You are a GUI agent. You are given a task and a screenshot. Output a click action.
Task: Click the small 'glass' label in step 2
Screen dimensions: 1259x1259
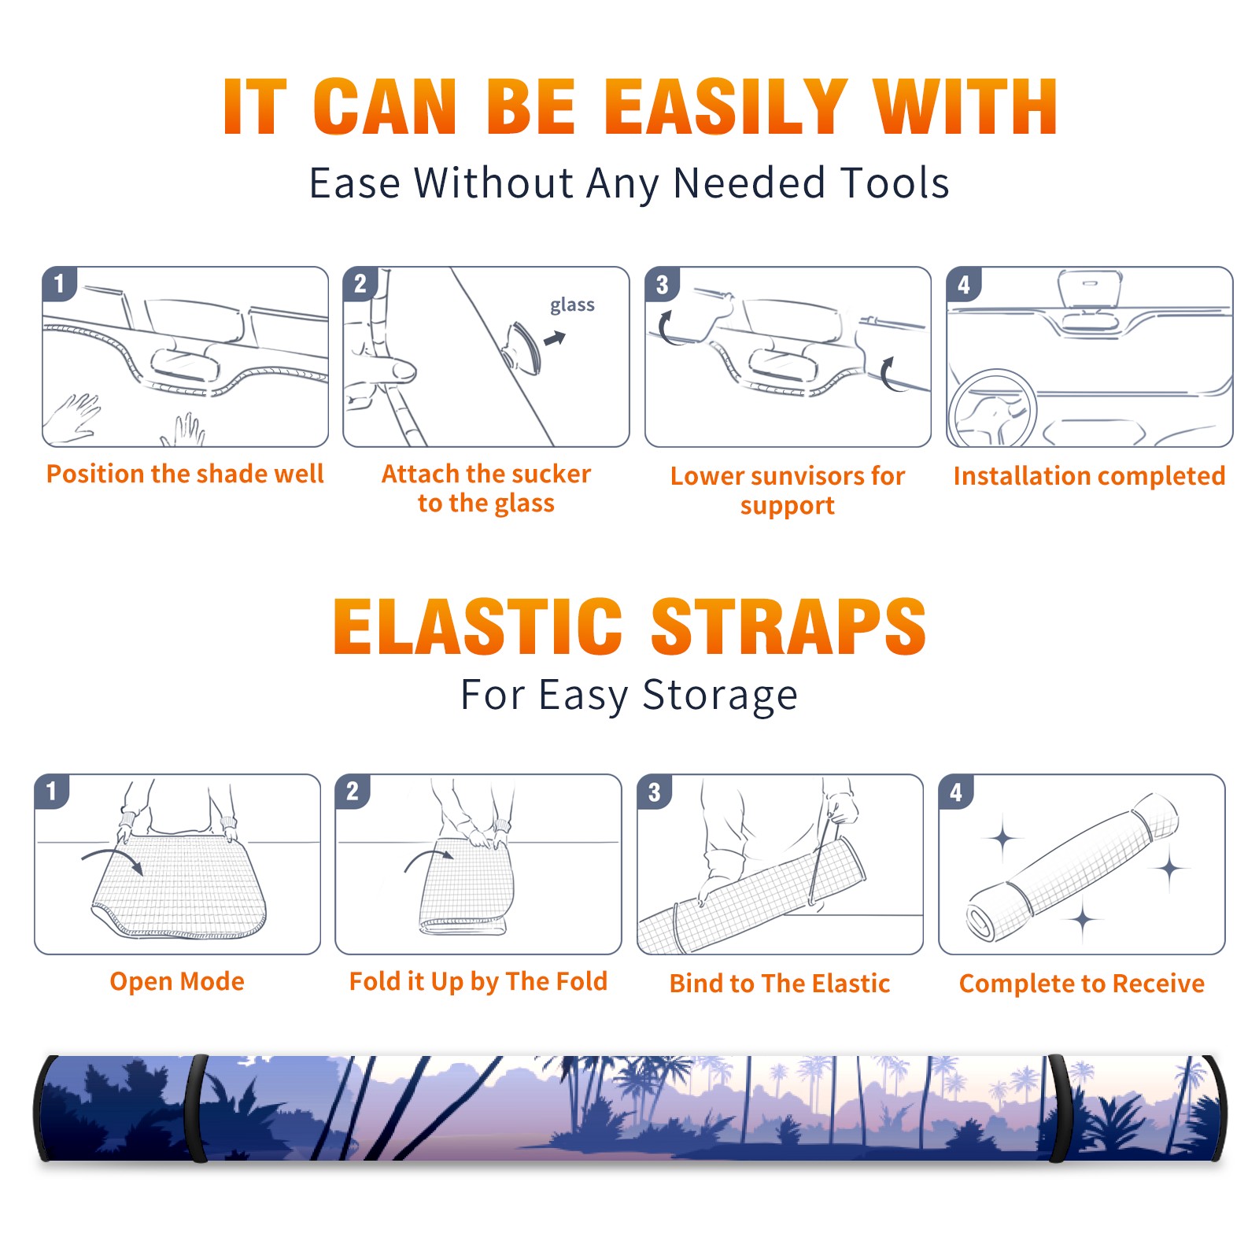572,305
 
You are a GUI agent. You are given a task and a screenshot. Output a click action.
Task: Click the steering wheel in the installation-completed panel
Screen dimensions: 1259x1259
992,408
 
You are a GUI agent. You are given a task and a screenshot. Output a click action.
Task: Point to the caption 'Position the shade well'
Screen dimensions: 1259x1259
185,474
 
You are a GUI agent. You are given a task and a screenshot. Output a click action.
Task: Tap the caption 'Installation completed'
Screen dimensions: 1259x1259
1089,476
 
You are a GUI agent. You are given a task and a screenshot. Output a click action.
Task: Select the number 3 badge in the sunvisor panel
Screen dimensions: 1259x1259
662,284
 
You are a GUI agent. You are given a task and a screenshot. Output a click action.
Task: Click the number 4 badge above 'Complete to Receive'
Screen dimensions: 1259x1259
955,792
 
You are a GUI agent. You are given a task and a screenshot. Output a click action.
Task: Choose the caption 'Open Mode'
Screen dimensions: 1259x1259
177,981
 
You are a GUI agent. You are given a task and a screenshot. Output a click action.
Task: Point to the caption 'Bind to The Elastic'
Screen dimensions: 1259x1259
780,984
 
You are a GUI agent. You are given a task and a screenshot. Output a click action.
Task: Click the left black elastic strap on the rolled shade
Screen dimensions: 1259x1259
197,1108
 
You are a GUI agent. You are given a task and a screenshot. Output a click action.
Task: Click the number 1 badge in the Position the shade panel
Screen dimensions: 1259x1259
59,283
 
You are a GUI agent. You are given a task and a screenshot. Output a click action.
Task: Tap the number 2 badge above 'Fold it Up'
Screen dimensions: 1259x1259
352,792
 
